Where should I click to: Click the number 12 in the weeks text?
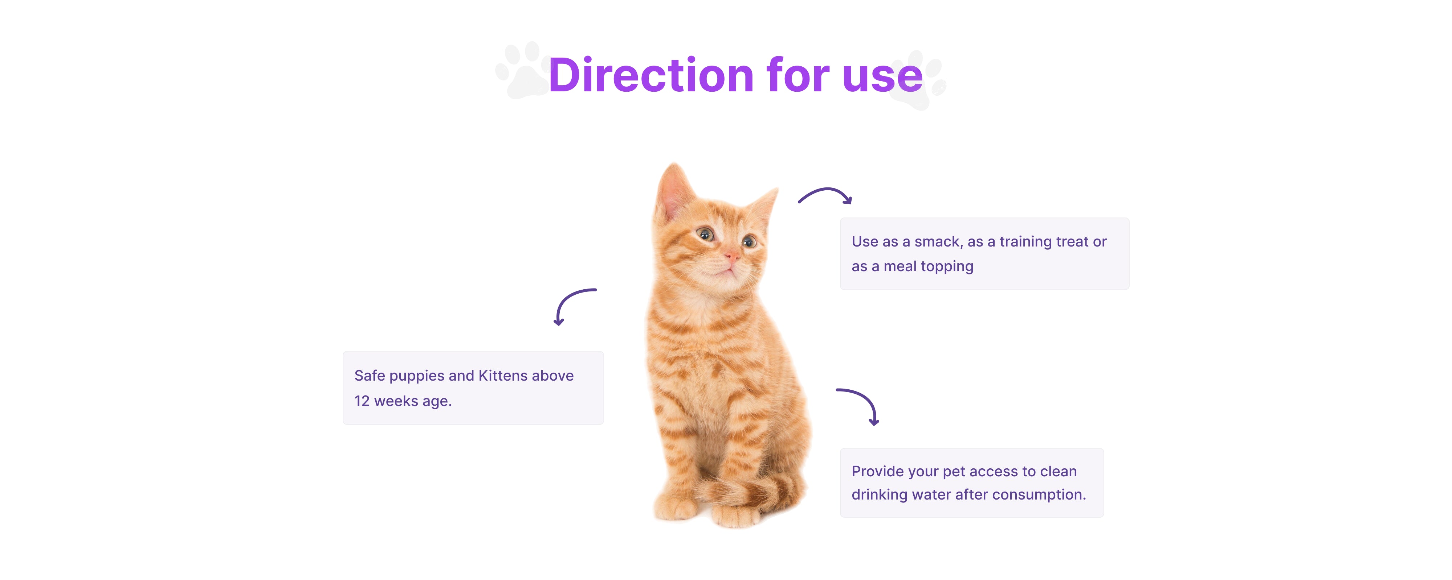362,401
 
